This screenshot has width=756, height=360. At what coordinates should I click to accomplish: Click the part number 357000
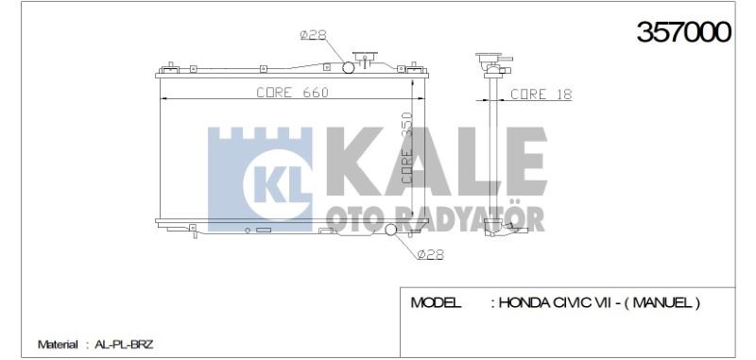(x=683, y=32)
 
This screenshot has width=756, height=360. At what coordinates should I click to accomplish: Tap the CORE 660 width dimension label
(x=292, y=92)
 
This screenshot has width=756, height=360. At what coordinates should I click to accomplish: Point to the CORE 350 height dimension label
(x=407, y=147)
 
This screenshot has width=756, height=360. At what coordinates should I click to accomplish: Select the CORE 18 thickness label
(x=541, y=94)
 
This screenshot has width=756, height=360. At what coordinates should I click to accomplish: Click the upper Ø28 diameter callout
(x=314, y=35)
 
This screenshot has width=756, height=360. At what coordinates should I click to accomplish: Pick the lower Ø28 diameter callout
(x=430, y=254)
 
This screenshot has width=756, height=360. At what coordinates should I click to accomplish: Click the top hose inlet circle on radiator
(x=348, y=68)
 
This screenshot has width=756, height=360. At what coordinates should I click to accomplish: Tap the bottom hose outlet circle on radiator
(x=390, y=230)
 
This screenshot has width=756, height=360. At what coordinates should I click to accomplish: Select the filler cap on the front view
(x=365, y=59)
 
